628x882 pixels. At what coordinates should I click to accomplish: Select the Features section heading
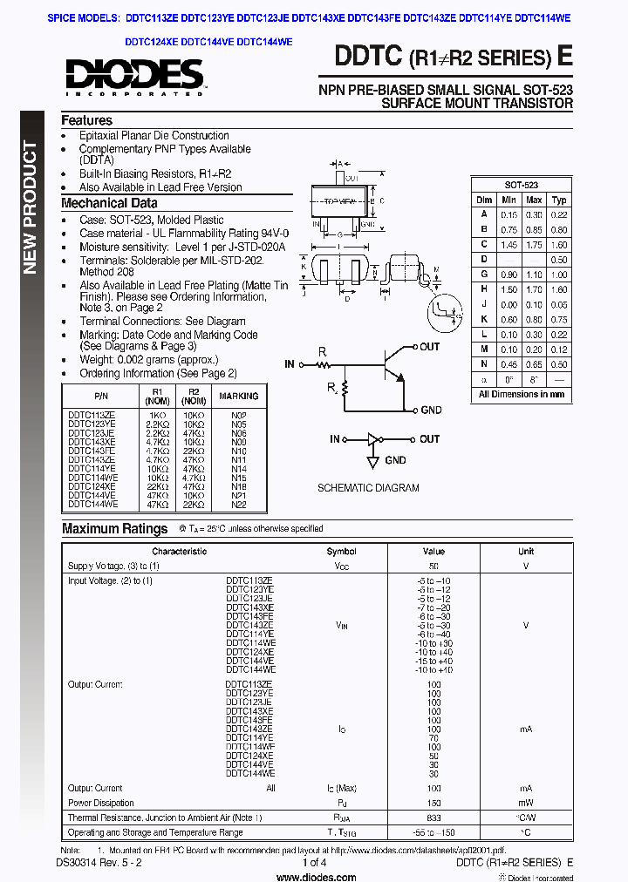[86, 120]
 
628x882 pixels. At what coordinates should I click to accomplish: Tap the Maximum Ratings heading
[114, 528]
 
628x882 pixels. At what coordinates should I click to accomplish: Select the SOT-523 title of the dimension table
[521, 185]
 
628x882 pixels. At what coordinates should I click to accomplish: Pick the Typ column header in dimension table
[559, 200]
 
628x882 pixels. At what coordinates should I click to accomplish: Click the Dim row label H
[484, 289]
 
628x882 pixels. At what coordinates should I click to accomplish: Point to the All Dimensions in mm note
[521, 394]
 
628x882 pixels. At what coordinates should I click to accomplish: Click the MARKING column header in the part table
[238, 396]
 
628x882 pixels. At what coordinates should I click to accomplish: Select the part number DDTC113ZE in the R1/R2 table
[92, 415]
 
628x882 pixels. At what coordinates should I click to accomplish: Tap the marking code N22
[238, 505]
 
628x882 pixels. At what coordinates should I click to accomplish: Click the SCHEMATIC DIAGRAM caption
[367, 488]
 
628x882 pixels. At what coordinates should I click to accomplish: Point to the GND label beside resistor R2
[431, 410]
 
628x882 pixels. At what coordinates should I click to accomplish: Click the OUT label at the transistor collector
[430, 347]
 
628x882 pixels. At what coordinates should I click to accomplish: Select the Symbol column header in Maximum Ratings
[341, 551]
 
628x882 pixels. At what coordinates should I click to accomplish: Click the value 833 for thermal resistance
[433, 818]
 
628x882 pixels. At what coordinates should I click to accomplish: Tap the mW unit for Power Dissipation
[526, 804]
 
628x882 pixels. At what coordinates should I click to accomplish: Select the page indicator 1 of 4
[314, 863]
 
